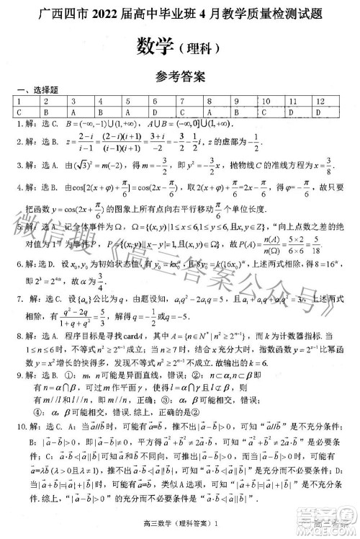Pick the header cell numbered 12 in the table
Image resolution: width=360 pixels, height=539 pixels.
pos(320,102)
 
